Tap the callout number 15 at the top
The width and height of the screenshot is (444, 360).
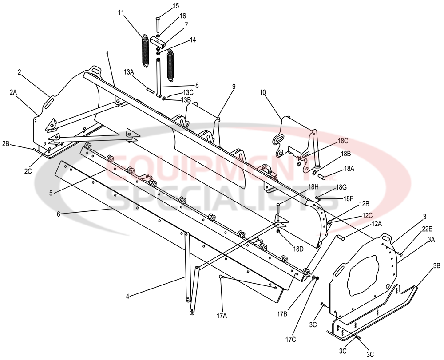[x=176, y=6]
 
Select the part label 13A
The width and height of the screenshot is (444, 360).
[x=129, y=71]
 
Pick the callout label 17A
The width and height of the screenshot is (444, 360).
[x=222, y=316]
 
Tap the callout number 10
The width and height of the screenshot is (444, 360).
[x=262, y=92]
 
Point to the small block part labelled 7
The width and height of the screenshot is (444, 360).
[x=158, y=41]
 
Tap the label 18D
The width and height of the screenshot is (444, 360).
[x=298, y=249]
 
